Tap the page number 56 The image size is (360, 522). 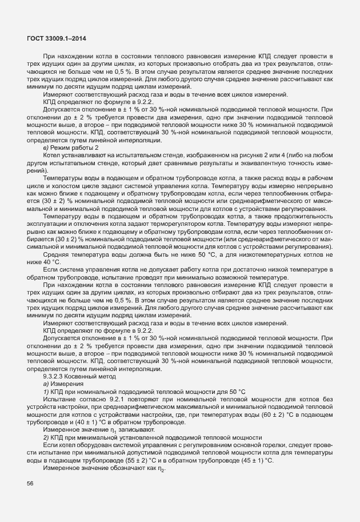click(30, 484)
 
